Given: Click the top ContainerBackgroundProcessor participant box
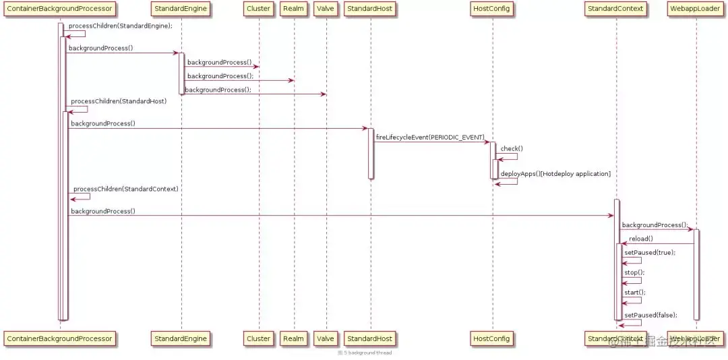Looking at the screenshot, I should pyautogui.click(x=59, y=9).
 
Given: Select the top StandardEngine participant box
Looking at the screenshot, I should pyautogui.click(x=181, y=9).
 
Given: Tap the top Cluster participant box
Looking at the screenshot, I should pyautogui.click(x=258, y=9).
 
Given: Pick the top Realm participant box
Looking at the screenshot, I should pyautogui.click(x=293, y=9).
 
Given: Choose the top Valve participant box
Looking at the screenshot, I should pyautogui.click(x=325, y=9).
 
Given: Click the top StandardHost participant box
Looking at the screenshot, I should pyautogui.click(x=370, y=9).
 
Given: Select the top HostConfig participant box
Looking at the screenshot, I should pyautogui.click(x=491, y=9).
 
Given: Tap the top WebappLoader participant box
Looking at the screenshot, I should pyautogui.click(x=694, y=9).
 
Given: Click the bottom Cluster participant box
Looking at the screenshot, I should pyautogui.click(x=258, y=338).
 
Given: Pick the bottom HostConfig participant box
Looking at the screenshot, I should pyautogui.click(x=491, y=338).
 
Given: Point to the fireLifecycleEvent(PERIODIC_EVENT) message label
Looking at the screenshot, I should pyautogui.click(x=430, y=137).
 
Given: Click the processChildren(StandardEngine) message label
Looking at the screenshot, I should pyautogui.click(x=120, y=26).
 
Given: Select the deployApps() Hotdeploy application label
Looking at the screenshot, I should pyautogui.click(x=555, y=174).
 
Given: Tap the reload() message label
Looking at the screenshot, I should pyautogui.click(x=641, y=239).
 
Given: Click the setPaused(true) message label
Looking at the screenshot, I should pyautogui.click(x=649, y=252).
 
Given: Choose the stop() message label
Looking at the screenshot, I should pyautogui.click(x=634, y=272).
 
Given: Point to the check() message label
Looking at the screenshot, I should pyautogui.click(x=512, y=148).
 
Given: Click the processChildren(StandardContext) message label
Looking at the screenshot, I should pyautogui.click(x=125, y=189).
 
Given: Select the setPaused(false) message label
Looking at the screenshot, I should pyautogui.click(x=650, y=315).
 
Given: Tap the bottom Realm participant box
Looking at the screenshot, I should pyautogui.click(x=293, y=338).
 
